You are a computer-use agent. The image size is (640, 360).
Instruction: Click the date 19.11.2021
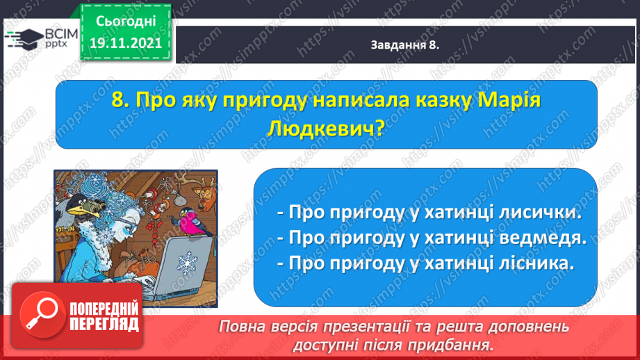click(x=126, y=43)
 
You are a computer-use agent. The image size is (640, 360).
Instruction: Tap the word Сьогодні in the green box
click(x=126, y=22)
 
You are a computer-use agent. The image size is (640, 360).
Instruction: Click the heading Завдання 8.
click(x=405, y=45)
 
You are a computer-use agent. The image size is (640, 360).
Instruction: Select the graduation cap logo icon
click(x=24, y=39)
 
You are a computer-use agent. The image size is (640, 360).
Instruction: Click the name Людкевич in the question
click(x=325, y=129)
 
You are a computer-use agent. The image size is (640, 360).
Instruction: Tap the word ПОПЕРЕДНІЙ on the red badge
click(x=104, y=309)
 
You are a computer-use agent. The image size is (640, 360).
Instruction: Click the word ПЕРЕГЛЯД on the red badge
click(x=104, y=325)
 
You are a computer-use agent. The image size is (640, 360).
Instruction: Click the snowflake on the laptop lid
click(x=187, y=263)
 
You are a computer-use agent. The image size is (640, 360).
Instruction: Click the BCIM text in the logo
click(x=61, y=34)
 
